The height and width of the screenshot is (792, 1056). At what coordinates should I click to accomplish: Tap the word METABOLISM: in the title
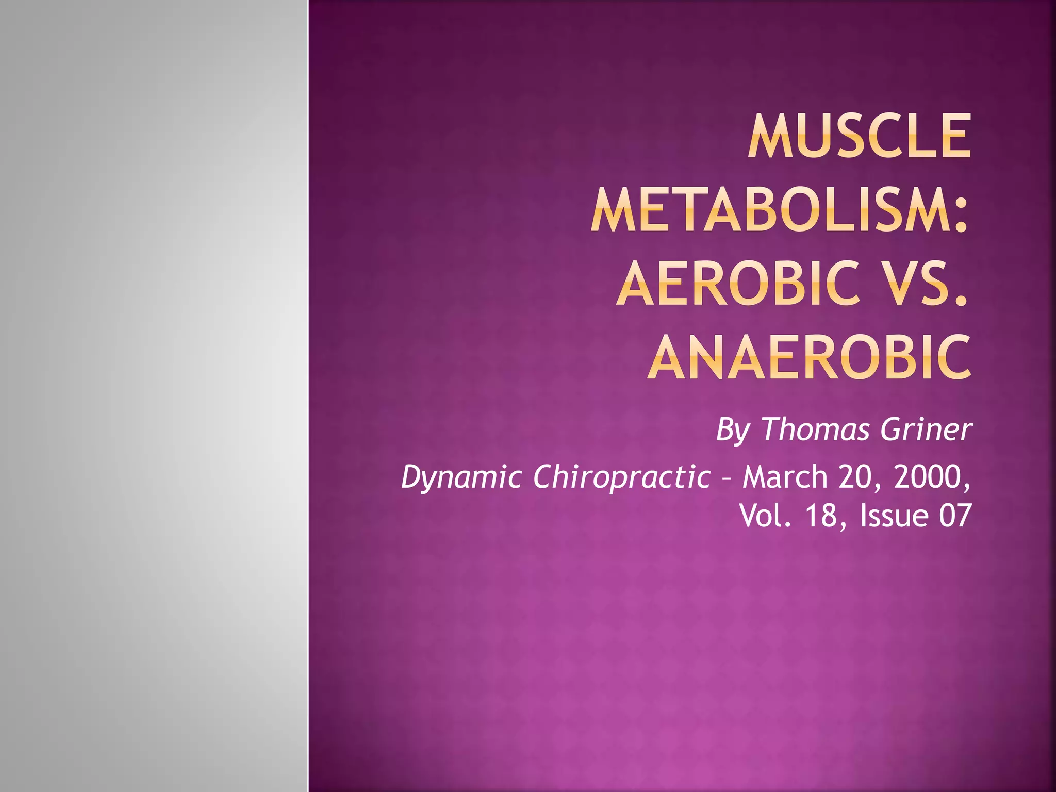coord(779,210)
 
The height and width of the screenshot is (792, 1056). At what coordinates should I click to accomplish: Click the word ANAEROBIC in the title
coord(809,357)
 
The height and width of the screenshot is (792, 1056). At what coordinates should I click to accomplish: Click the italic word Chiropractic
coord(622,477)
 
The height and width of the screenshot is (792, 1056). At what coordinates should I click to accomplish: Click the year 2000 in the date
coord(928,477)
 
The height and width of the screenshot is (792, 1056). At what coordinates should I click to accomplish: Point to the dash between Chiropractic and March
coord(727,479)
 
